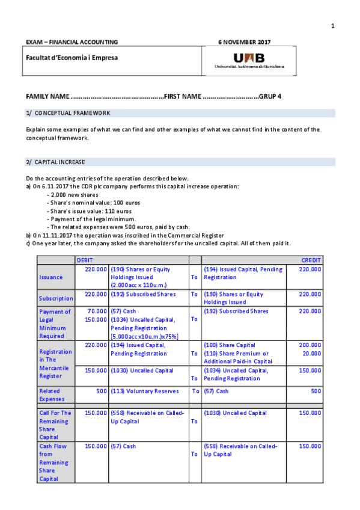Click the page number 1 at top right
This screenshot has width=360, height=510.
(332, 25)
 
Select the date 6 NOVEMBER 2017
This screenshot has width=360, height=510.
(244, 42)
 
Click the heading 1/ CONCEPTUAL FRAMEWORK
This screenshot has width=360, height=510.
(68, 113)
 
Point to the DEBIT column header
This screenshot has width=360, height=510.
(85, 260)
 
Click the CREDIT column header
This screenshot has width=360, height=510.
(311, 260)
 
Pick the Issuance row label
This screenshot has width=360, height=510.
(51, 277)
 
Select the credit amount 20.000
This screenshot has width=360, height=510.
(311, 354)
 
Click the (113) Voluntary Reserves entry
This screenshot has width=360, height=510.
(144, 391)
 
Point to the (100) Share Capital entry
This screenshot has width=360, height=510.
(230, 345)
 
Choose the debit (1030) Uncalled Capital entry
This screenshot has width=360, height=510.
(140, 370)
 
